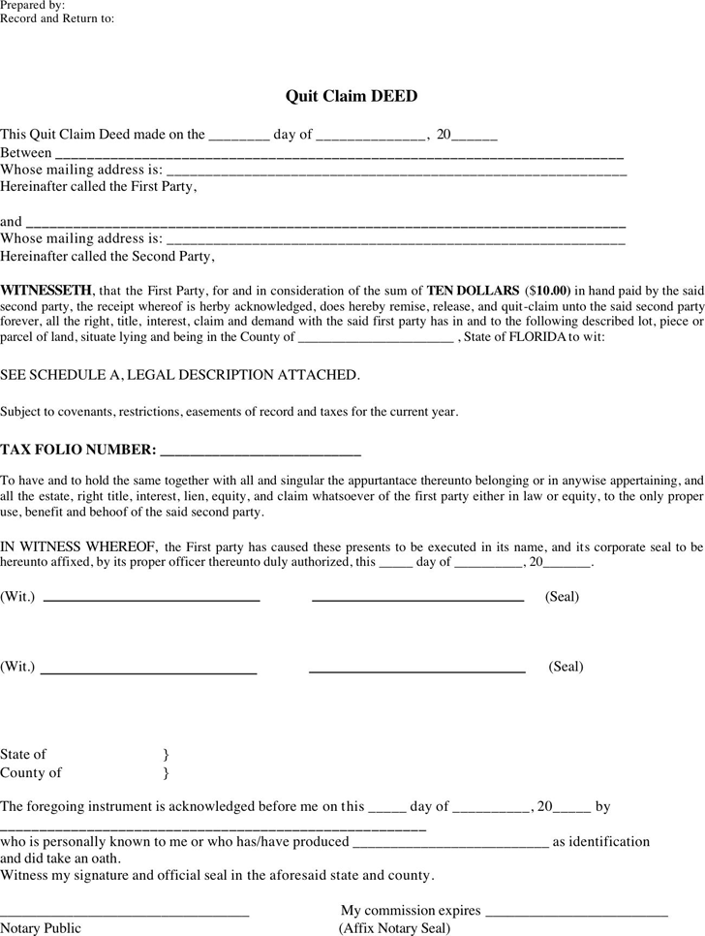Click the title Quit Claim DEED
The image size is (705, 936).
351,96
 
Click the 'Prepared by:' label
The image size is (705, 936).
33,5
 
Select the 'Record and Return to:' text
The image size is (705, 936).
57,18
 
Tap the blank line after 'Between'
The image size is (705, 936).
339,155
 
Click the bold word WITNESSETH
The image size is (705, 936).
46,290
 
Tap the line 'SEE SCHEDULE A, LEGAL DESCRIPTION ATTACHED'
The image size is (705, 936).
179,374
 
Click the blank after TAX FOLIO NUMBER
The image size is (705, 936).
260,452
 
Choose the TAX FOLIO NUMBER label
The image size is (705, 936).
77,450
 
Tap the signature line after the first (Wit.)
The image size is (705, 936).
152,601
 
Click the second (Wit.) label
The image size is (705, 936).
17,667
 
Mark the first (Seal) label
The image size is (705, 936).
562,597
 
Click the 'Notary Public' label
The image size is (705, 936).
41,928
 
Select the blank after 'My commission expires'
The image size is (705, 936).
576,915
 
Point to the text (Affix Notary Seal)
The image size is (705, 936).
394,928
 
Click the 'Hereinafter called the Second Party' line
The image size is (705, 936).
107,257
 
